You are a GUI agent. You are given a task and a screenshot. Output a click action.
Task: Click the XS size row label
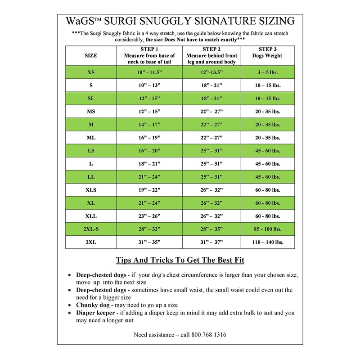pyautogui.click(x=91, y=72)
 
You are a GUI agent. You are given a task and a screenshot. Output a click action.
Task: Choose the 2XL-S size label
pyautogui.click(x=91, y=229)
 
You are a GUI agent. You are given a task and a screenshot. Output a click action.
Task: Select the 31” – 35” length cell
pyautogui.click(x=149, y=242)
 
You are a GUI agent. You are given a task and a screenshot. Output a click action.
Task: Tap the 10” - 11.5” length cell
pyautogui.click(x=149, y=72)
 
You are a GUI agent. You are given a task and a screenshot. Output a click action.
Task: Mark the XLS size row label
pyautogui.click(x=91, y=190)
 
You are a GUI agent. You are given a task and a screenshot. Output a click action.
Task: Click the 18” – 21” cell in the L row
pyautogui.click(x=149, y=164)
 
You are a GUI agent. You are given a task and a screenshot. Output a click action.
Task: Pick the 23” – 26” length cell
pyautogui.click(x=149, y=216)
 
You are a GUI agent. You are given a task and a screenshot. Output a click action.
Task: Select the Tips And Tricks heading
pyautogui.click(x=180, y=261)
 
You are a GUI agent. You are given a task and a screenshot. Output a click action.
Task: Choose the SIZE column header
pyautogui.click(x=91, y=55)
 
